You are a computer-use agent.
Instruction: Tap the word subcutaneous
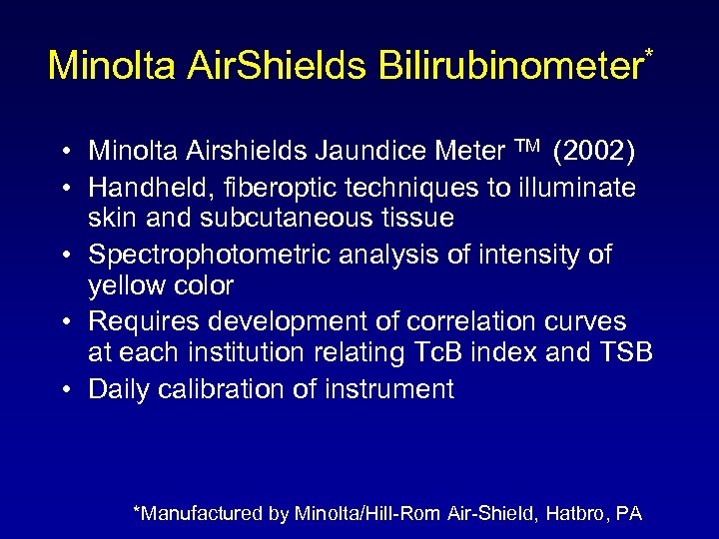(x=305, y=219)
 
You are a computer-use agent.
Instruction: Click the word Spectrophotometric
(x=210, y=255)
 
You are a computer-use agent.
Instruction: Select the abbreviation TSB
(x=628, y=354)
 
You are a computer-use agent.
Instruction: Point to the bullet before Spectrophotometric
(x=62, y=256)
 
